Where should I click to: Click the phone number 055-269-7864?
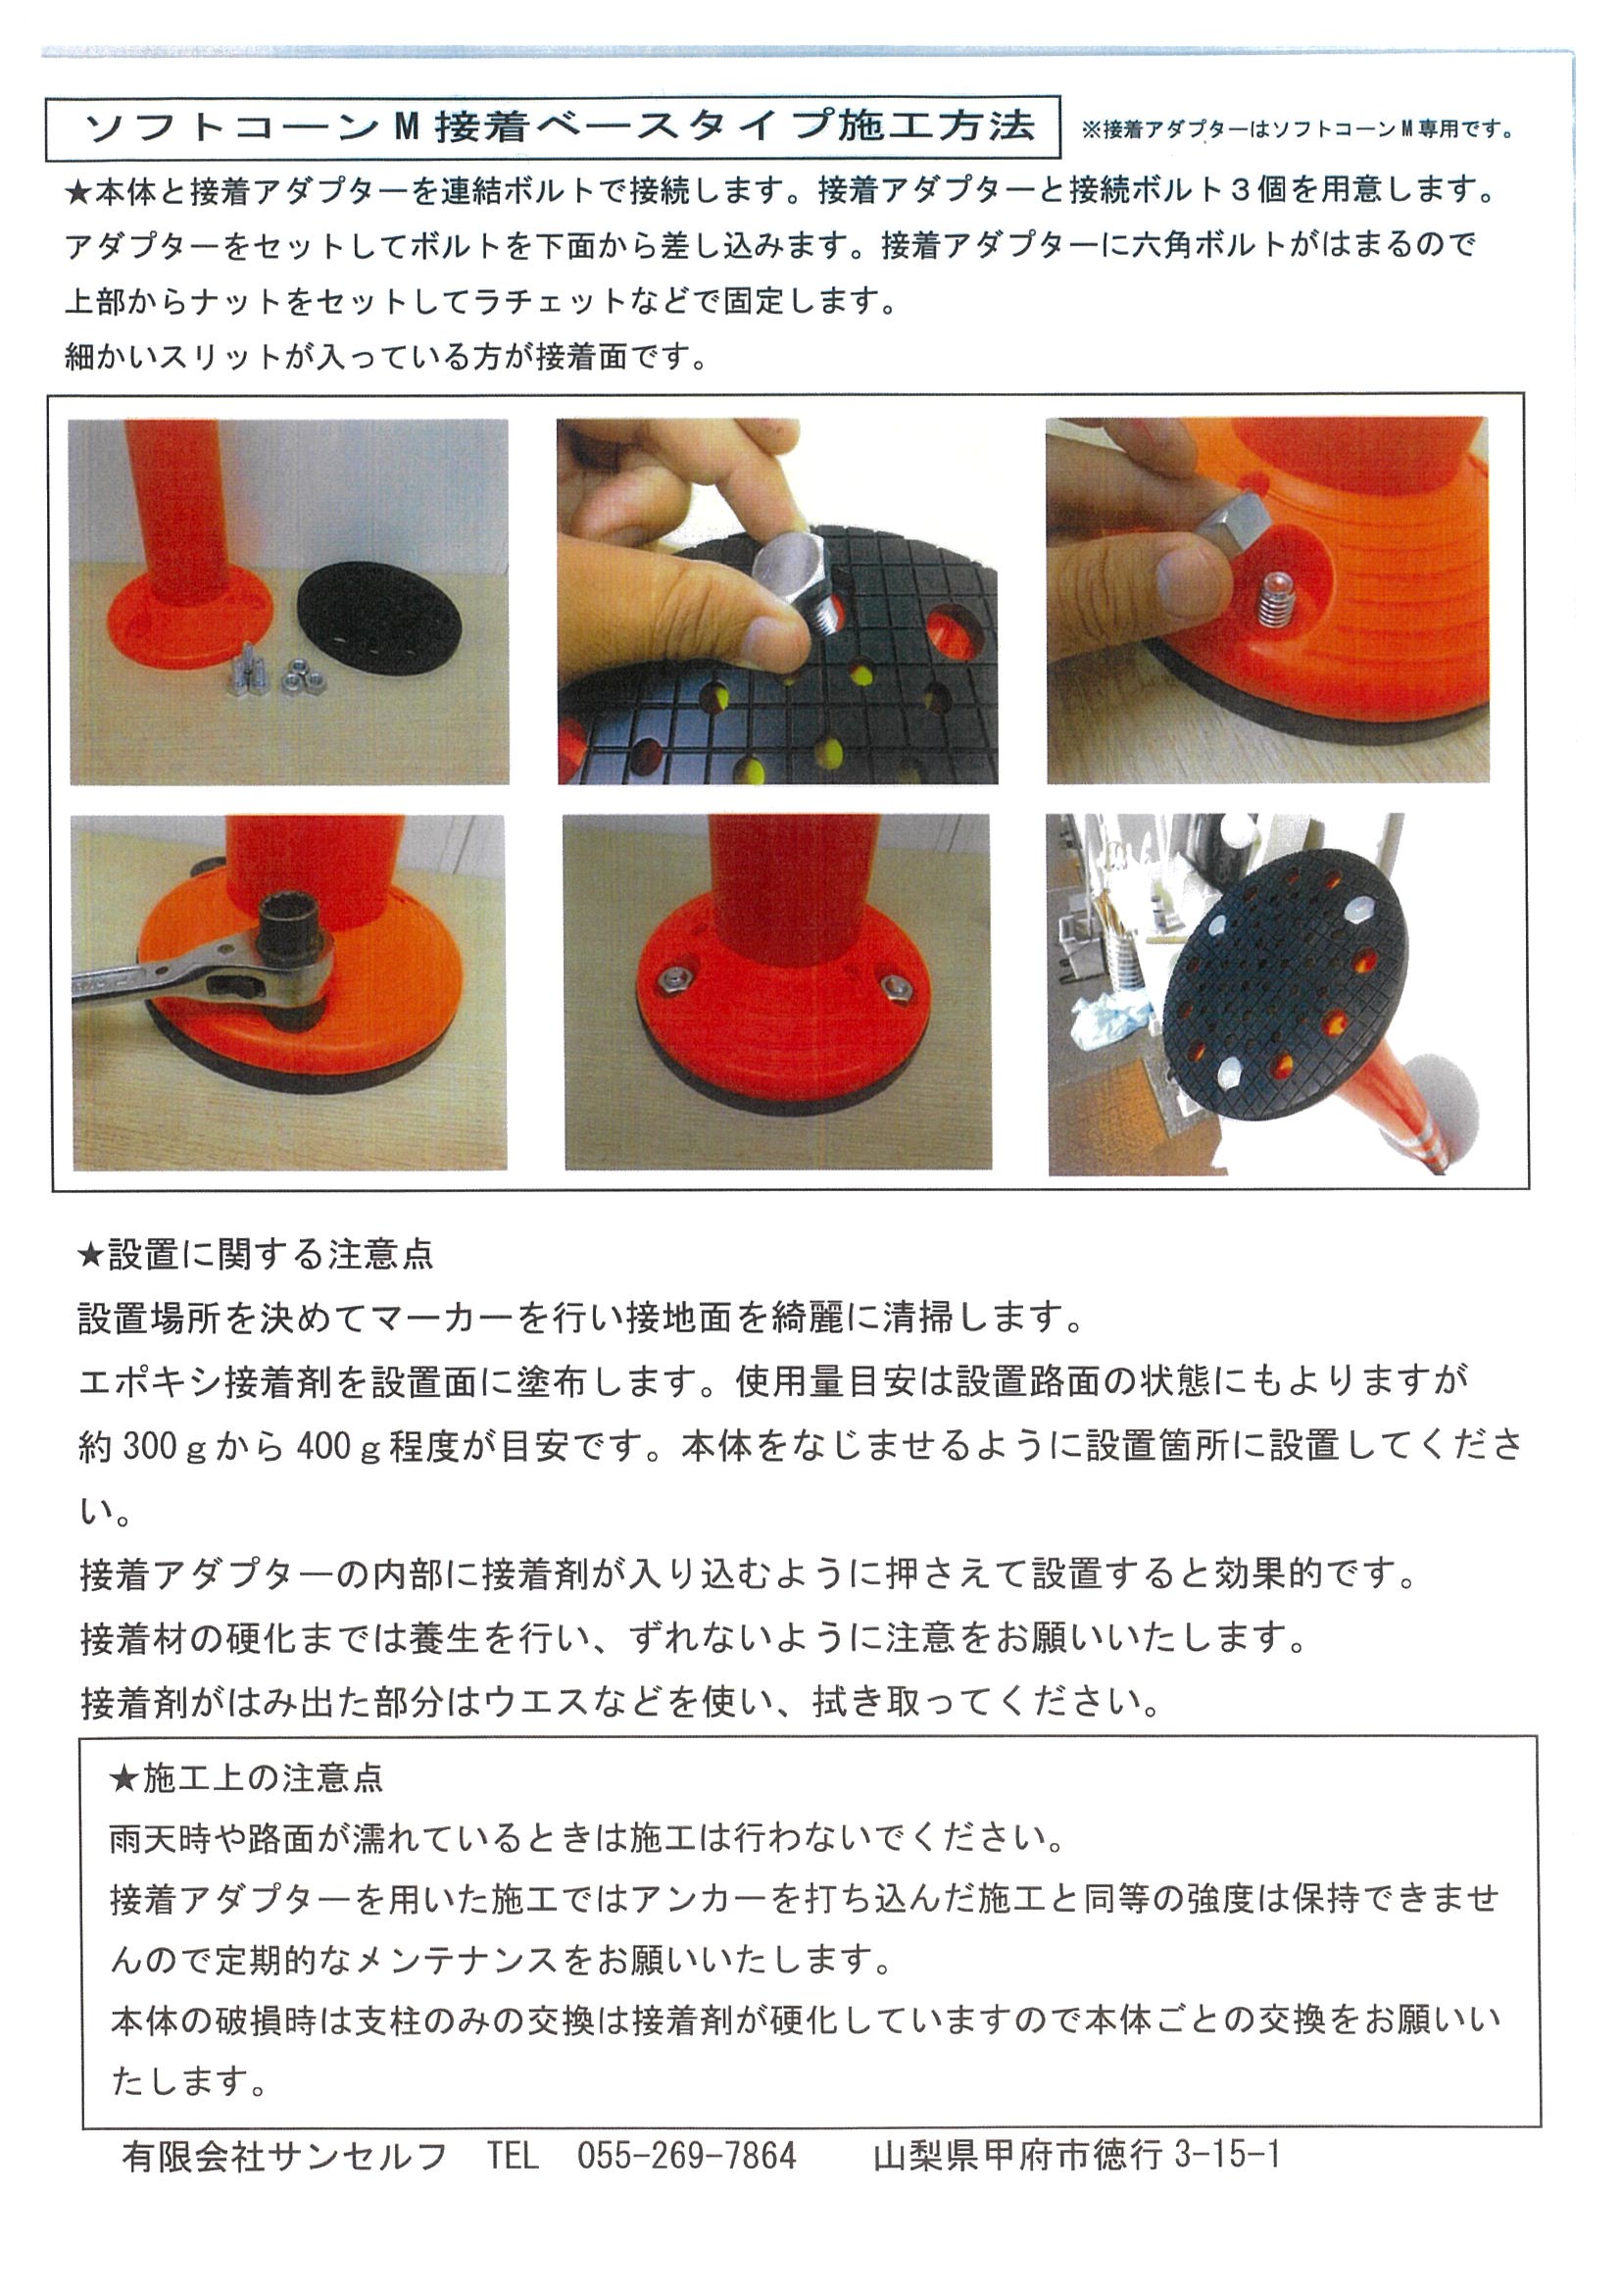[x=686, y=2156]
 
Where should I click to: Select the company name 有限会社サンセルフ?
[x=283, y=2157]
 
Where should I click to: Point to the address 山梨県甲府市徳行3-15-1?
[x=1076, y=2156]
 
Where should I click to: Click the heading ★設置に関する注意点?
[x=256, y=1254]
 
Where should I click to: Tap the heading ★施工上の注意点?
[x=247, y=1777]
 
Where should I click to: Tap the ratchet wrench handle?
[x=160, y=974]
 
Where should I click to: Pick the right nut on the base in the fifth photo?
[x=895, y=987]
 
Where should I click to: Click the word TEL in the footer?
[x=513, y=2156]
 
